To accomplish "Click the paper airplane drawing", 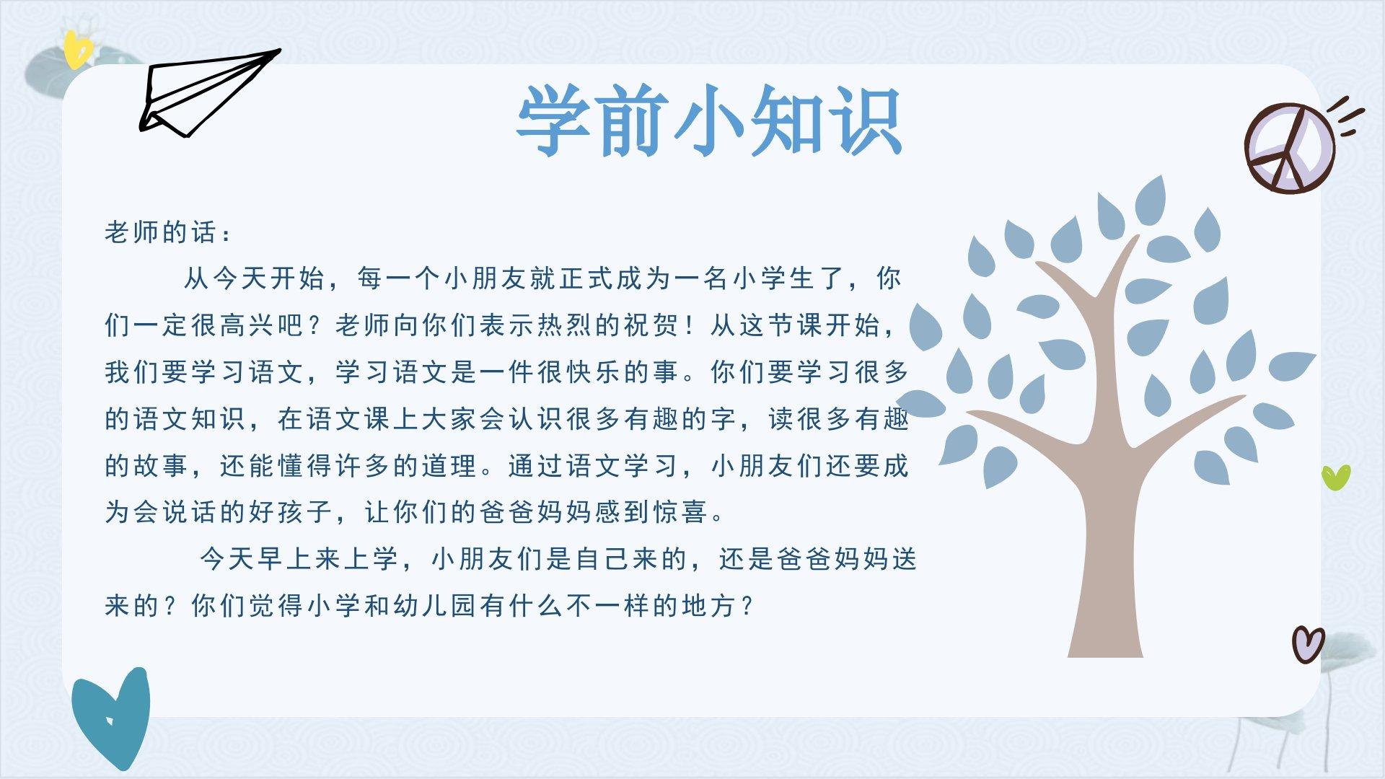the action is [x=209, y=92].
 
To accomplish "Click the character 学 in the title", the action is [x=552, y=120].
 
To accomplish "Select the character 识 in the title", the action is [x=866, y=120].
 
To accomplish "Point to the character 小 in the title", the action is [x=709, y=120].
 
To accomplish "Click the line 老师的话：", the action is [x=169, y=232].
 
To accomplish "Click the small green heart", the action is [x=1336, y=477].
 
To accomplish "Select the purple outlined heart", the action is [x=1308, y=643].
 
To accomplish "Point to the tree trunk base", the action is [x=1105, y=635].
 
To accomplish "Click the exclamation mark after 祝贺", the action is [x=690, y=325].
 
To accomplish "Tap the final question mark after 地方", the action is [x=747, y=605].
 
